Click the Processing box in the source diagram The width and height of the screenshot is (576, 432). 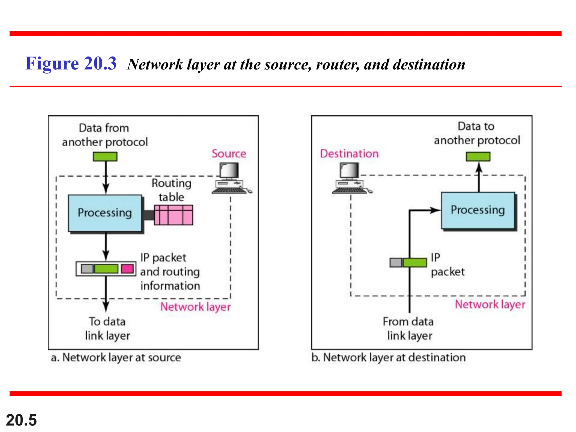pyautogui.click(x=105, y=213)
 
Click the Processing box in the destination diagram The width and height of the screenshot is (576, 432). pyautogui.click(x=478, y=210)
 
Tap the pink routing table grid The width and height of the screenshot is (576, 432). pyautogui.click(x=174, y=215)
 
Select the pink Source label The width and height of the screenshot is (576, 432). pyautogui.click(x=229, y=154)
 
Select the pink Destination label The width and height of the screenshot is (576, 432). pyautogui.click(x=349, y=154)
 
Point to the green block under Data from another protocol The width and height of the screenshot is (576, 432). pyautogui.click(x=105, y=156)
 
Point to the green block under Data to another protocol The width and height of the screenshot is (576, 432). pyautogui.click(x=478, y=156)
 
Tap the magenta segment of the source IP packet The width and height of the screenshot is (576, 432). pyautogui.click(x=127, y=269)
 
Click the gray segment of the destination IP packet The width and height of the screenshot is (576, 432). pyautogui.click(x=396, y=262)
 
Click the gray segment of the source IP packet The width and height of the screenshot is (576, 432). pyautogui.click(x=87, y=269)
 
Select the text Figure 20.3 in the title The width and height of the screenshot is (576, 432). pyautogui.click(x=71, y=63)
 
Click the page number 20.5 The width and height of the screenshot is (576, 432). pyautogui.click(x=21, y=420)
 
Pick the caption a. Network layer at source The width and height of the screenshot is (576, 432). pyautogui.click(x=116, y=357)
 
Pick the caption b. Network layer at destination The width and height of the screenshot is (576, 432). pyautogui.click(x=388, y=357)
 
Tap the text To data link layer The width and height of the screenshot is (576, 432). pyautogui.click(x=107, y=328)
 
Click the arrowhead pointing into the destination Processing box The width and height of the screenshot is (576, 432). pyautogui.click(x=435, y=210)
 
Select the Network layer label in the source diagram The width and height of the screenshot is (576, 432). pyautogui.click(x=195, y=307)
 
